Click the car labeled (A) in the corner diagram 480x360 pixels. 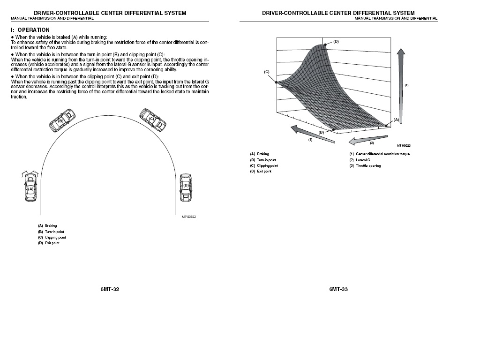30,187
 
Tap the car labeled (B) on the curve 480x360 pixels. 61,120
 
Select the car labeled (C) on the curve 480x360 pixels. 153,120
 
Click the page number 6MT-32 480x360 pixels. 110,289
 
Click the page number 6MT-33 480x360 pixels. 338,289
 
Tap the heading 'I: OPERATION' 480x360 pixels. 30,30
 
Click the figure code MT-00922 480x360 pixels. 188,217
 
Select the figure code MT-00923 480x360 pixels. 404,146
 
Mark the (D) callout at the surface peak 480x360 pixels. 336,41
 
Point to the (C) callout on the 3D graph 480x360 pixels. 266,72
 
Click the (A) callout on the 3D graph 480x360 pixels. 396,120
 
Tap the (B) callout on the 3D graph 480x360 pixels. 321,132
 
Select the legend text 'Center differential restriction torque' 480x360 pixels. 382,154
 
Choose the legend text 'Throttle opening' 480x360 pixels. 368,165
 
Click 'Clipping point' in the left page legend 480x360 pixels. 55,237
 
